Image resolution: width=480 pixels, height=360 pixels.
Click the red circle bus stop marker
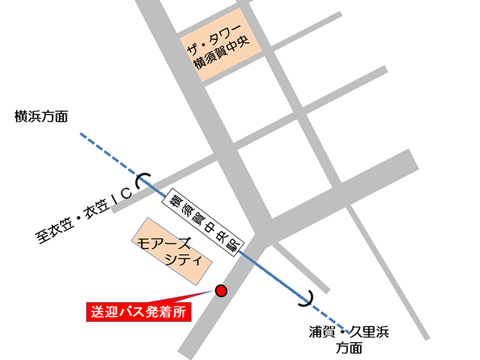click(221, 290)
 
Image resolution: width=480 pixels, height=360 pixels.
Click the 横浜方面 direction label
click(41, 117)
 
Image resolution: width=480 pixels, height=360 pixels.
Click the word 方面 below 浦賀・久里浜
click(349, 347)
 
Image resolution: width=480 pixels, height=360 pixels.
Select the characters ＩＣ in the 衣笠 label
click(122, 193)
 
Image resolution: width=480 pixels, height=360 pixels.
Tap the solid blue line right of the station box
click(273, 273)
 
